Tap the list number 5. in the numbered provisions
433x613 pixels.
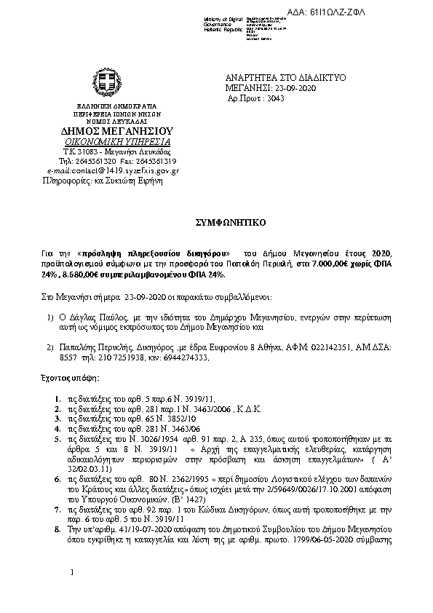coord(57,440)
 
